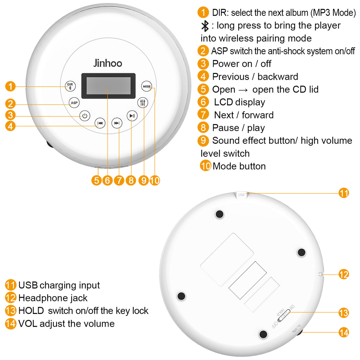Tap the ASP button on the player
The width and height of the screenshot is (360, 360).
[74, 103]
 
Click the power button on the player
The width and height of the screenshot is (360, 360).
[85, 116]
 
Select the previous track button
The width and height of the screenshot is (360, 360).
[100, 123]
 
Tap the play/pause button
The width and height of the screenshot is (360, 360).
[132, 116]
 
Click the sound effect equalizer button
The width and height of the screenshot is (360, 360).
[143, 103]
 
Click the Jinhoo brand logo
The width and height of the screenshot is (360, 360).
[108, 63]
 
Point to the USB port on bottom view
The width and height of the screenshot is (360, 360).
[241, 195]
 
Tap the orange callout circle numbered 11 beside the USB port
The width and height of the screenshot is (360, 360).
[344, 193]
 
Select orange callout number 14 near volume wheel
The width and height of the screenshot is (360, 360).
[344, 332]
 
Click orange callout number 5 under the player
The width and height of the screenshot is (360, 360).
[96, 180]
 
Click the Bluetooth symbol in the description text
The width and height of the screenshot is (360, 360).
[205, 26]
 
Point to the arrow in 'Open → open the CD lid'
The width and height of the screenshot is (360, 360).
[243, 90]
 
